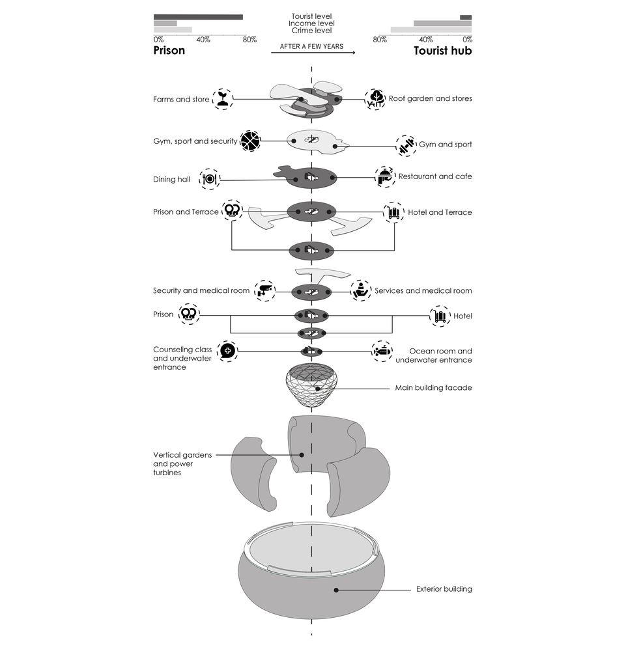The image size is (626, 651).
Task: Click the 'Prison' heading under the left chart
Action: click(169, 51)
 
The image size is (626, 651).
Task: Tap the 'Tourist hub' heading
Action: click(443, 51)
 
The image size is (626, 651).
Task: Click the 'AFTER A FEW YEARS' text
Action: click(311, 46)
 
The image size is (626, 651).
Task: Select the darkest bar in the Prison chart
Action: click(198, 17)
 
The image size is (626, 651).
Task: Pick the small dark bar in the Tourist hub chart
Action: click(466, 18)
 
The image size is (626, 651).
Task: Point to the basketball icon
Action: click(251, 141)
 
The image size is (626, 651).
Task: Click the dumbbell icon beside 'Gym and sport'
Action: click(406, 145)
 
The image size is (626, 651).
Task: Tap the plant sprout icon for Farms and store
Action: click(223, 99)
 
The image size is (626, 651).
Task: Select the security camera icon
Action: click(264, 290)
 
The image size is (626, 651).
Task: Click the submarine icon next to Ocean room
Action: click(382, 352)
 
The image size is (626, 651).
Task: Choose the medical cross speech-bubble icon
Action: click(227, 351)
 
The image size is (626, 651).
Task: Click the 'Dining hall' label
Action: click(171, 180)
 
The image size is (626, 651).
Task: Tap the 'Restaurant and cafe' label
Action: click(435, 176)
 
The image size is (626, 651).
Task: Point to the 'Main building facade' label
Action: click(433, 388)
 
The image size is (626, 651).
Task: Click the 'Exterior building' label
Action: click(444, 589)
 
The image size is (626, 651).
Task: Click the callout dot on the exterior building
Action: click(336, 590)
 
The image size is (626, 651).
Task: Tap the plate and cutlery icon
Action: click(210, 180)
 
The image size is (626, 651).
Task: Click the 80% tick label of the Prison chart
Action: click(249, 40)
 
